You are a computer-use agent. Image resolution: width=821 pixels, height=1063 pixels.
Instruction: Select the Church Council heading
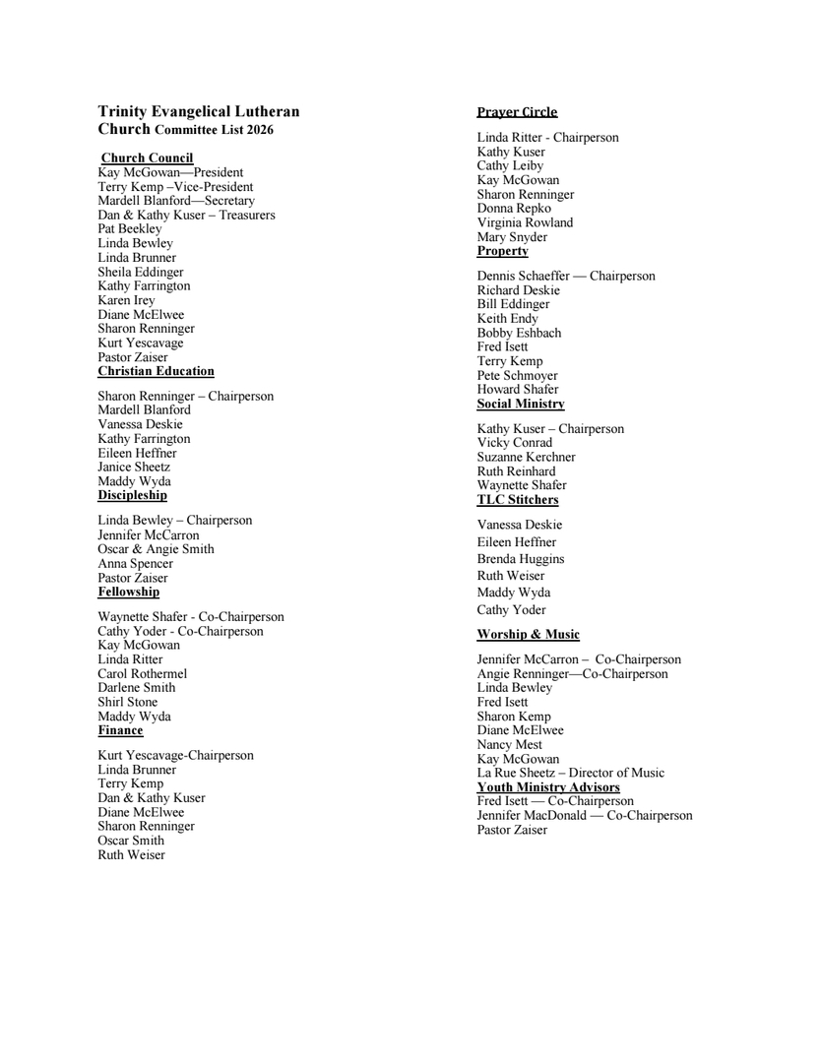147,157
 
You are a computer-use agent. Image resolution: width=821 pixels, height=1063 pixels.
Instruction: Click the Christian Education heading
156,371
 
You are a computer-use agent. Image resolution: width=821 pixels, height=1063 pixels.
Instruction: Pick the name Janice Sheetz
134,467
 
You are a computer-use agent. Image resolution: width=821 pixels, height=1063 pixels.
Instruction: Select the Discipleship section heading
132,495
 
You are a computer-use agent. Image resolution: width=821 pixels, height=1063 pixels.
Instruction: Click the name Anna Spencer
135,563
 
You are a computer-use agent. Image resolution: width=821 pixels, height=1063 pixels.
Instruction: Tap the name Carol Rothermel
142,673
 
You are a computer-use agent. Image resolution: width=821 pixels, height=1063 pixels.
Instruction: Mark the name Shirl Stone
127,702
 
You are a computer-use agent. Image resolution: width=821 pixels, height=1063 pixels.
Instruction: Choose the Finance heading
120,730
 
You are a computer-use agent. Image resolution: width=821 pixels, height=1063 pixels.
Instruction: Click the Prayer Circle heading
517,111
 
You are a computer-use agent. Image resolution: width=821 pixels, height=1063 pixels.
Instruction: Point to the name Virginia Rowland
525,222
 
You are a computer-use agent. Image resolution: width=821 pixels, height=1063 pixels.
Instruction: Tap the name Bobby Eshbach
519,333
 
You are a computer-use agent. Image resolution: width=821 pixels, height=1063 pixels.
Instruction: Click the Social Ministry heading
521,404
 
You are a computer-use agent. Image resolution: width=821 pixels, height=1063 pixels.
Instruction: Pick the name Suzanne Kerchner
527,457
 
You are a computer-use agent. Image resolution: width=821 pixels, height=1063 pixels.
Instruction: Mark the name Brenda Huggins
521,559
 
